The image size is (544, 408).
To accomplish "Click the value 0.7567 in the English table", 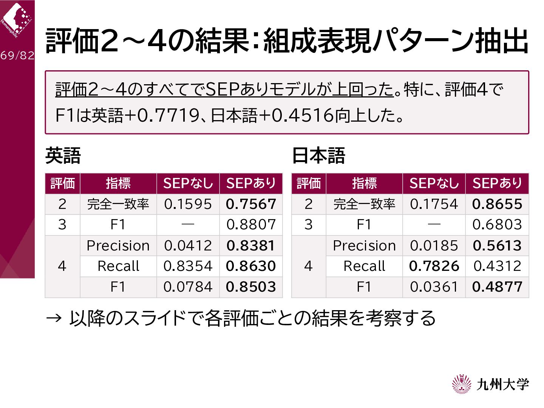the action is pyautogui.click(x=251, y=204).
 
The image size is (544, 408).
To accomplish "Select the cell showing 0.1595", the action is pyautogui.click(x=188, y=204).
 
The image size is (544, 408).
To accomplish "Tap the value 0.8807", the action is pyautogui.click(x=251, y=225).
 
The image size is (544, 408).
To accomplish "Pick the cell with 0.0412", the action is pyautogui.click(x=188, y=246).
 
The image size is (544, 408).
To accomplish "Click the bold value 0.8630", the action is pyautogui.click(x=251, y=266).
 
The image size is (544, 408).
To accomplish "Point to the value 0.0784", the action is pyautogui.click(x=188, y=287).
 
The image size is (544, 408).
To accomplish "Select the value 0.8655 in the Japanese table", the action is pyautogui.click(x=497, y=204).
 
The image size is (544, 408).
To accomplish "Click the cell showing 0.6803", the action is pyautogui.click(x=497, y=225).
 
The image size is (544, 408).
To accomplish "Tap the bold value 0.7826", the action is pyautogui.click(x=434, y=266).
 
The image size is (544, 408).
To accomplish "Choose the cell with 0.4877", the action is pyautogui.click(x=497, y=287).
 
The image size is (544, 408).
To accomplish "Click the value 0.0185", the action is pyautogui.click(x=434, y=246).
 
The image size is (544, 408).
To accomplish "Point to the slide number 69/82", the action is pyautogui.click(x=17, y=56).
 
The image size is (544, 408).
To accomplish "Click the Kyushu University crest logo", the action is pyautogui.click(x=462, y=384).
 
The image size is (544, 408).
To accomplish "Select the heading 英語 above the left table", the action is pyautogui.click(x=63, y=156).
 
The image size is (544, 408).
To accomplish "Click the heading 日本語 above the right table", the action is pyautogui.click(x=319, y=156).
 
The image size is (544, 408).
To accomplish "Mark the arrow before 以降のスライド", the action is pyautogui.click(x=54, y=318).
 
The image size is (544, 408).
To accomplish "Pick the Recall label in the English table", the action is pyautogui.click(x=118, y=266).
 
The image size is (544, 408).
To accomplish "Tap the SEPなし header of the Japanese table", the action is pyautogui.click(x=434, y=183).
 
